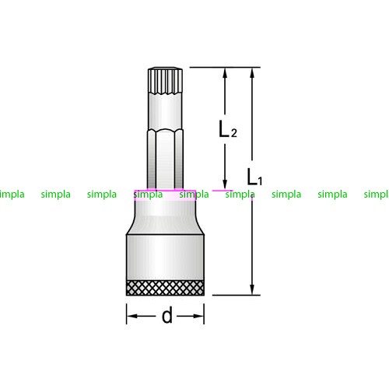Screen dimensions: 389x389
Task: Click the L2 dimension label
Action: click(228, 129)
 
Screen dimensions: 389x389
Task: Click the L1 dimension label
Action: click(254, 177)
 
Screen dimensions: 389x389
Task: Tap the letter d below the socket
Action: click(166, 315)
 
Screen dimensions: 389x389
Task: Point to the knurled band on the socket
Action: click(165, 288)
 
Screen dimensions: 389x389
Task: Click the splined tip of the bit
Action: click(165, 81)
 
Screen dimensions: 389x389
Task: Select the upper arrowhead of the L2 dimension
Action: click(225, 73)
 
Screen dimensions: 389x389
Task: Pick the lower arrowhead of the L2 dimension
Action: click(225, 184)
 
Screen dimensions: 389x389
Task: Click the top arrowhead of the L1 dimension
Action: click(252, 73)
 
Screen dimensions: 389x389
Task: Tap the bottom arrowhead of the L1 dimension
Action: click(252, 289)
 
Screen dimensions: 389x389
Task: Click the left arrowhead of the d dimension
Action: click(132, 316)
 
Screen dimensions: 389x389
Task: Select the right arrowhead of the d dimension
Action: click(198, 316)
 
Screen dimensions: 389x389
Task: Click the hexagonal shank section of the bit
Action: click(165, 159)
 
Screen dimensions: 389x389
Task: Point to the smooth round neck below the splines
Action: click(165, 111)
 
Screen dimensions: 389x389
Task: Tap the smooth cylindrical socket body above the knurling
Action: click(165, 258)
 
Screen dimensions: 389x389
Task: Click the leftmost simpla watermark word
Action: click(12, 194)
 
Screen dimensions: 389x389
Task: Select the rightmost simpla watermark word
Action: click(377, 194)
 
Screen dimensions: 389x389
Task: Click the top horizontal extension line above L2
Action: click(225, 67)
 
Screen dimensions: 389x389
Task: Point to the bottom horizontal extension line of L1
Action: click(237, 295)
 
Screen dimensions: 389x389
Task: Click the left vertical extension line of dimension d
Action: click(126, 314)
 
